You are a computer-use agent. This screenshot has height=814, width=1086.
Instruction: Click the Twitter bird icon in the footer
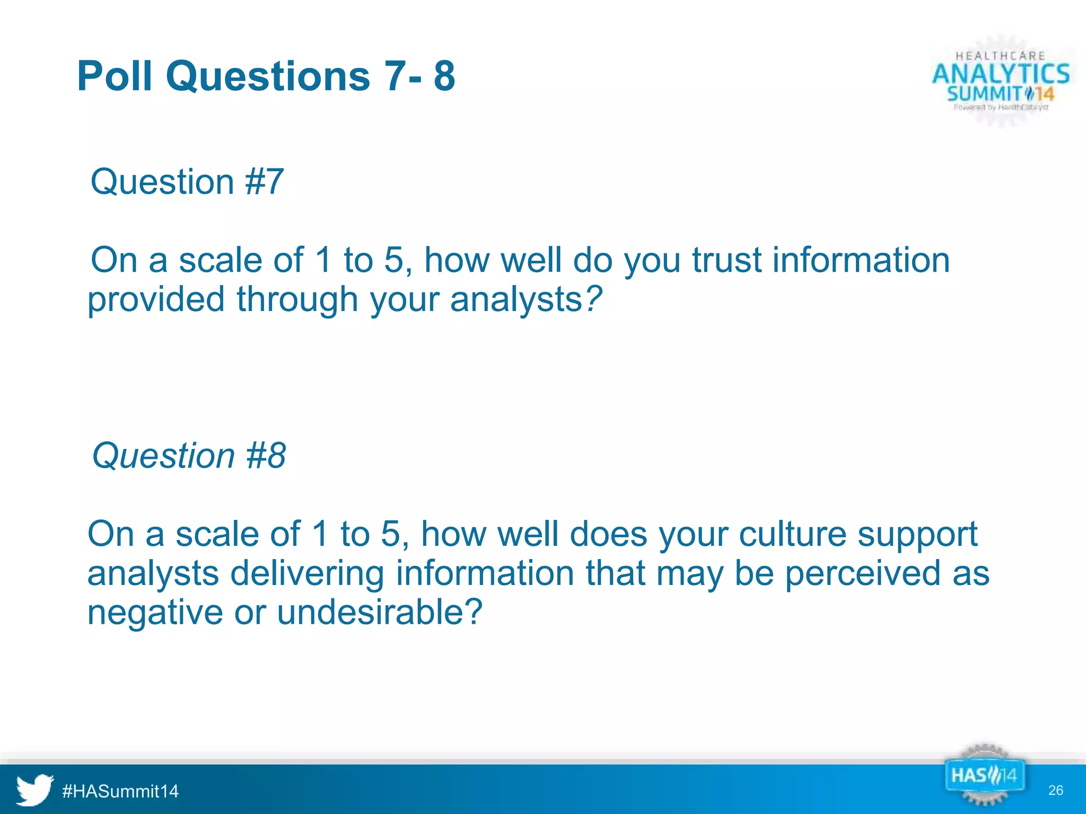(34, 790)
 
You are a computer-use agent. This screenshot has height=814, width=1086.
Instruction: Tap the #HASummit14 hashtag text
(120, 791)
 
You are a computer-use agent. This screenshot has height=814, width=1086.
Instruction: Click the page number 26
(1055, 790)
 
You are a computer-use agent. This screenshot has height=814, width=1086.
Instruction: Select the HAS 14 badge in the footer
(984, 776)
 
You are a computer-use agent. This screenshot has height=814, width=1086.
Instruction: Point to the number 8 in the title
(444, 76)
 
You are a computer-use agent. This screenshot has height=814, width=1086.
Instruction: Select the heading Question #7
(187, 182)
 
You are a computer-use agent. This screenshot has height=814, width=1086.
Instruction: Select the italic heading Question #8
(189, 455)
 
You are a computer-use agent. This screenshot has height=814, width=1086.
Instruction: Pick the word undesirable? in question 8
(380, 612)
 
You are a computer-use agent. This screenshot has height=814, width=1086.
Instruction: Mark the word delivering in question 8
(307, 573)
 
